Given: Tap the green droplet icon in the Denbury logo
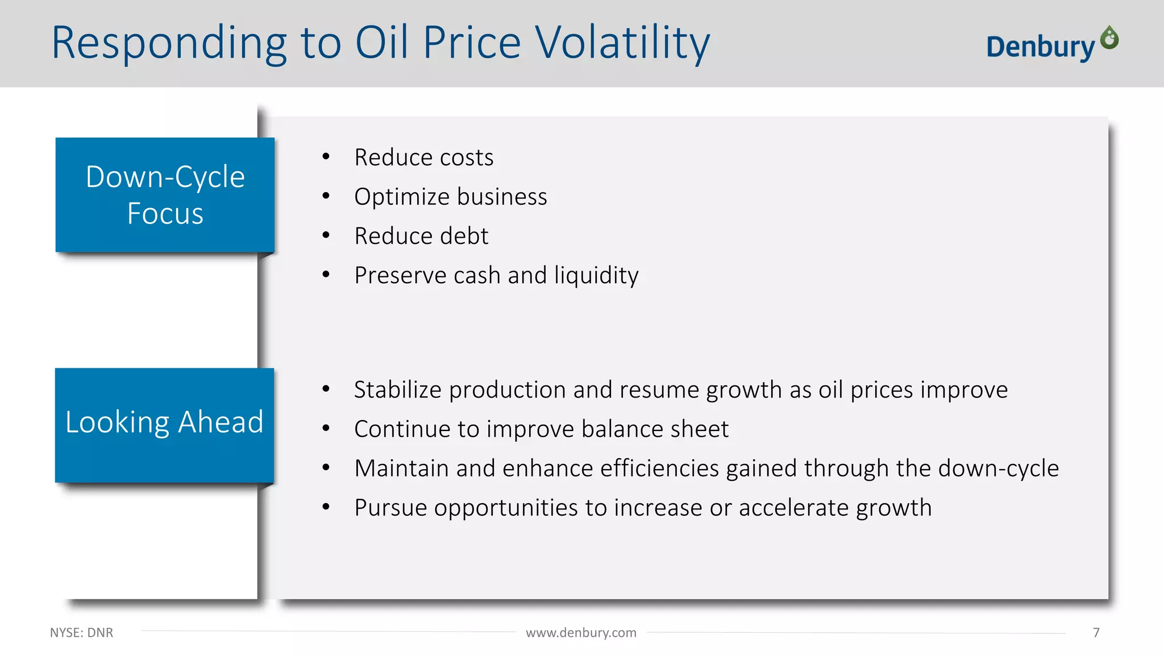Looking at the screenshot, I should point(1109,38).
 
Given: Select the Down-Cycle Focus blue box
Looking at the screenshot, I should point(165,194).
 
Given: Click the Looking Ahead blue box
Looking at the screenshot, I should point(164,424).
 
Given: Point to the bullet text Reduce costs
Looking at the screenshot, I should point(423,157).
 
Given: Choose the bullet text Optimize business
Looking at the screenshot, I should point(450,197).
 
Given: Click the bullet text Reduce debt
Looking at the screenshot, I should point(421,236).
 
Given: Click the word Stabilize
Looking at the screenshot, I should point(397,390).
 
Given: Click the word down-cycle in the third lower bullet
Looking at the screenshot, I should point(998,469).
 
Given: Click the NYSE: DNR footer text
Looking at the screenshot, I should point(81,632).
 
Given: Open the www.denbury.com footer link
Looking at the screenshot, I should point(581,632).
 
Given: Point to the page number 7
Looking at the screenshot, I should point(1096,632).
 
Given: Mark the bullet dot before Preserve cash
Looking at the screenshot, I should point(326,275).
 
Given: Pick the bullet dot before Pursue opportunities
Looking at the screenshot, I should point(326,507).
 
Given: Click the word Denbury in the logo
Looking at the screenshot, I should point(1040,47).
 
